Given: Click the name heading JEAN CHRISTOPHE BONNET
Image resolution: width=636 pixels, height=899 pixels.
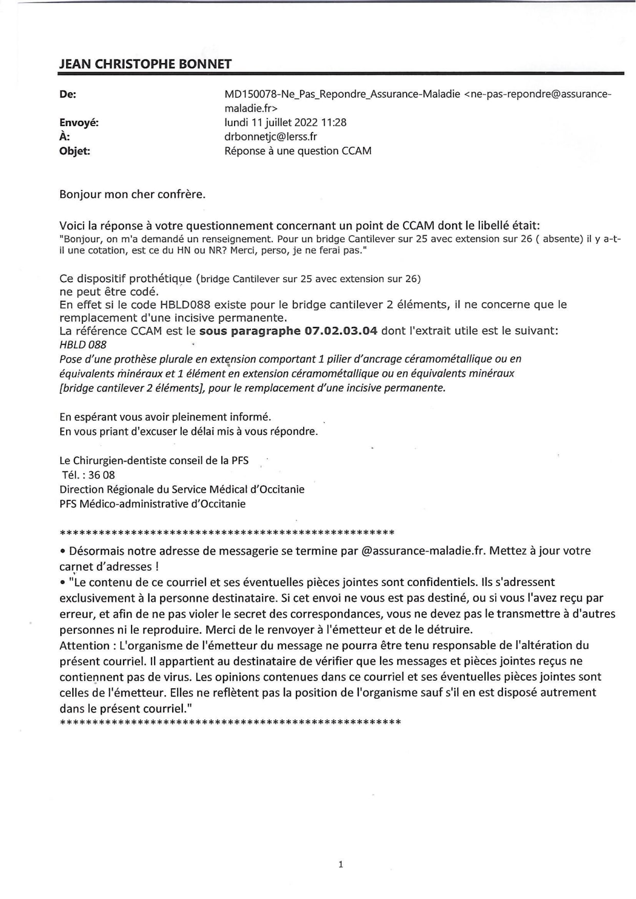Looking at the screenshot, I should point(145,64).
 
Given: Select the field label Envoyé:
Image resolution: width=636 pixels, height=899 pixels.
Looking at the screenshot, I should point(79,122).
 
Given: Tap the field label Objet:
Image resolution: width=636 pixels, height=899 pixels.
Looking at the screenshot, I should point(75,151).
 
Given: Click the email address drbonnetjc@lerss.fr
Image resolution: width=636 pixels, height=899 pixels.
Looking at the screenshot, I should point(271,137).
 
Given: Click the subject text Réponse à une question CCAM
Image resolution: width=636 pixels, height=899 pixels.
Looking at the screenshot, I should point(298,151).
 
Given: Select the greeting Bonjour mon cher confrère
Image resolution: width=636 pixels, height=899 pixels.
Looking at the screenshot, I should point(132,195).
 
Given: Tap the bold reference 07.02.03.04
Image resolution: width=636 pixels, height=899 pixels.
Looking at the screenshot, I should point(341,331).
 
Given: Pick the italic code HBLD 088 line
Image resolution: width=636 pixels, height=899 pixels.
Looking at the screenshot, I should point(83,345).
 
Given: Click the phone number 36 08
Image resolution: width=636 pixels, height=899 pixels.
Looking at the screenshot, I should point(101,475).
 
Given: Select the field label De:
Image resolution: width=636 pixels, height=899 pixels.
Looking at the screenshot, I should point(68,94).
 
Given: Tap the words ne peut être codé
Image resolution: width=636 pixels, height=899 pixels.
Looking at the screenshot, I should point(109,292).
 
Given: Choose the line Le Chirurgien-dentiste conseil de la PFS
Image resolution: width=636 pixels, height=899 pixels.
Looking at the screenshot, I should point(154,461).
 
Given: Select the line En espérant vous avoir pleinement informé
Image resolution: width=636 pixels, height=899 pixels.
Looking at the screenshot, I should point(165,417).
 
